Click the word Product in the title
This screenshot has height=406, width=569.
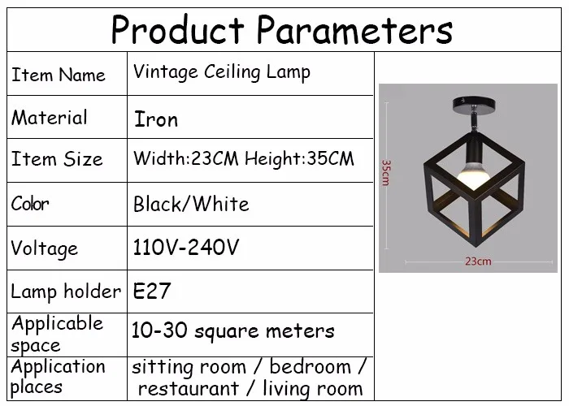point(178,29)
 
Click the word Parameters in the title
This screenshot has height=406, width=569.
point(354,29)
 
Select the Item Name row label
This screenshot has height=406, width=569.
point(59,75)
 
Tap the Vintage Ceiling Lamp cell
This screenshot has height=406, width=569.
point(222,72)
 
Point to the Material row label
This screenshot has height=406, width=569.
point(50,118)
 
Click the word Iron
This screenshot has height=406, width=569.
point(156,119)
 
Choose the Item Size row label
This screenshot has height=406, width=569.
point(57,159)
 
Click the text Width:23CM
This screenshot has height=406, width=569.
point(186,158)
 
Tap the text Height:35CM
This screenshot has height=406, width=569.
point(299,159)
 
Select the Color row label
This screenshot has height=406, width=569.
point(30,203)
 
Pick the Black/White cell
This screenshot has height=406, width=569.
point(191,204)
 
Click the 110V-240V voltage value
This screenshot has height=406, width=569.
point(186,248)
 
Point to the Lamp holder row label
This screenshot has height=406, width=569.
point(66,292)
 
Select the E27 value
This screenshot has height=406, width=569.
point(152,291)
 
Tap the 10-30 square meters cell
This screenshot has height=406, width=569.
point(232,330)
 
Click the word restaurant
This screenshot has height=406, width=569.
point(189,389)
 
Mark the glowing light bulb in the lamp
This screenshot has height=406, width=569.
point(473,175)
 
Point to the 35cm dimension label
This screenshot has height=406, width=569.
point(385,173)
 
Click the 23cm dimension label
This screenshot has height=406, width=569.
point(478,261)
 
